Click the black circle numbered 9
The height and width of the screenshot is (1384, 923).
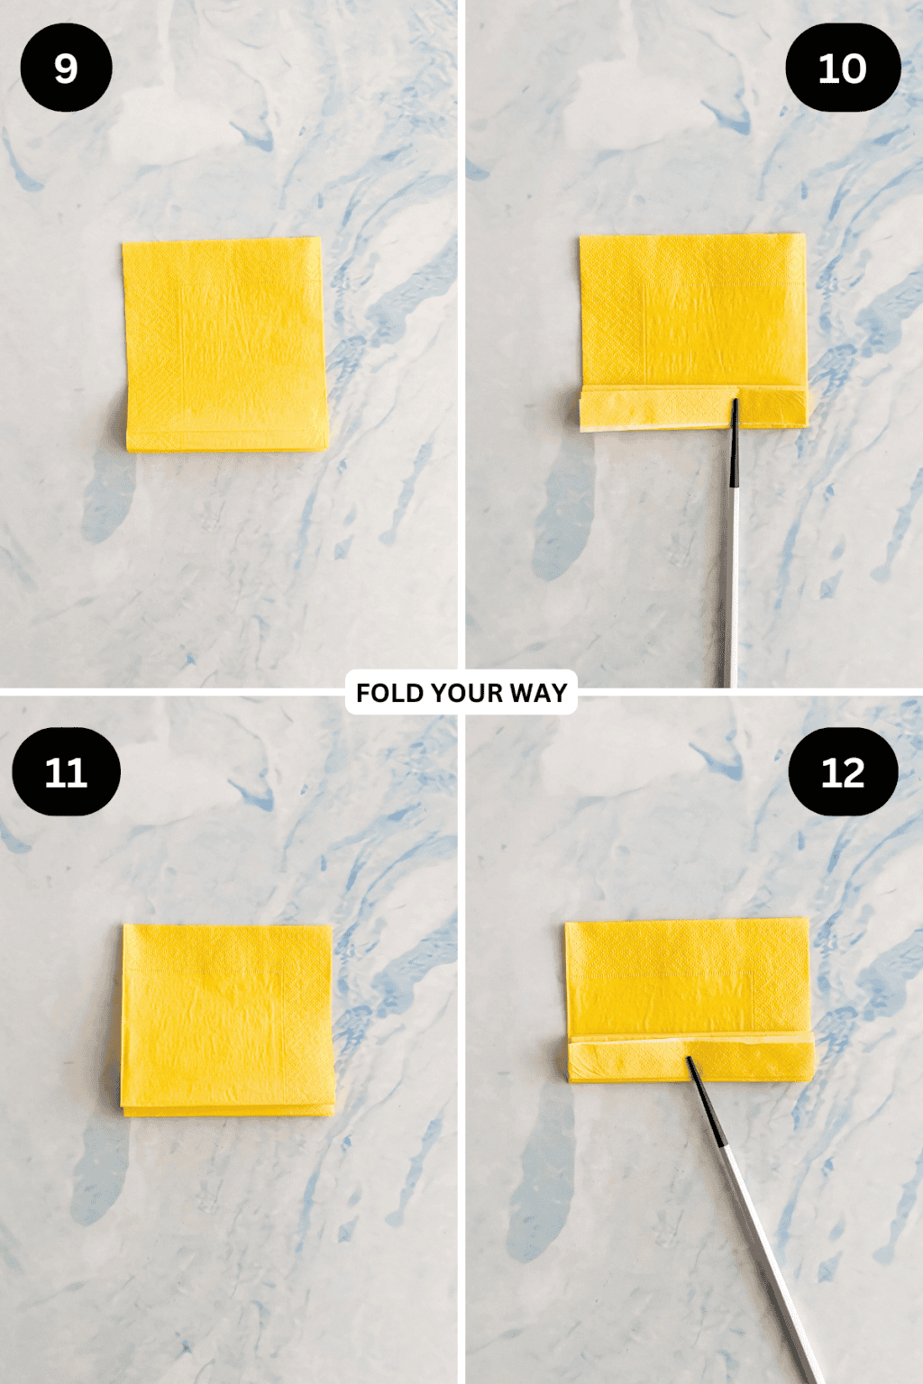pyautogui.click(x=66, y=68)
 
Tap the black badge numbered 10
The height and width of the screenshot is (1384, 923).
pyautogui.click(x=843, y=68)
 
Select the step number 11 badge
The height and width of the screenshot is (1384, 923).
pyautogui.click(x=66, y=772)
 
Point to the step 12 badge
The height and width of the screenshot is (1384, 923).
pyautogui.click(x=843, y=772)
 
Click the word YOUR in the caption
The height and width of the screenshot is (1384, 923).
pyautogui.click(x=466, y=693)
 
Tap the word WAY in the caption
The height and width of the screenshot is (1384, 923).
pyautogui.click(x=538, y=693)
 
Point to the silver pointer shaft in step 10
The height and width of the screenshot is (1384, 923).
pyautogui.click(x=730, y=586)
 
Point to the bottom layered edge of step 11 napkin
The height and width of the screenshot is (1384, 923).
pyautogui.click(x=227, y=1108)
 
